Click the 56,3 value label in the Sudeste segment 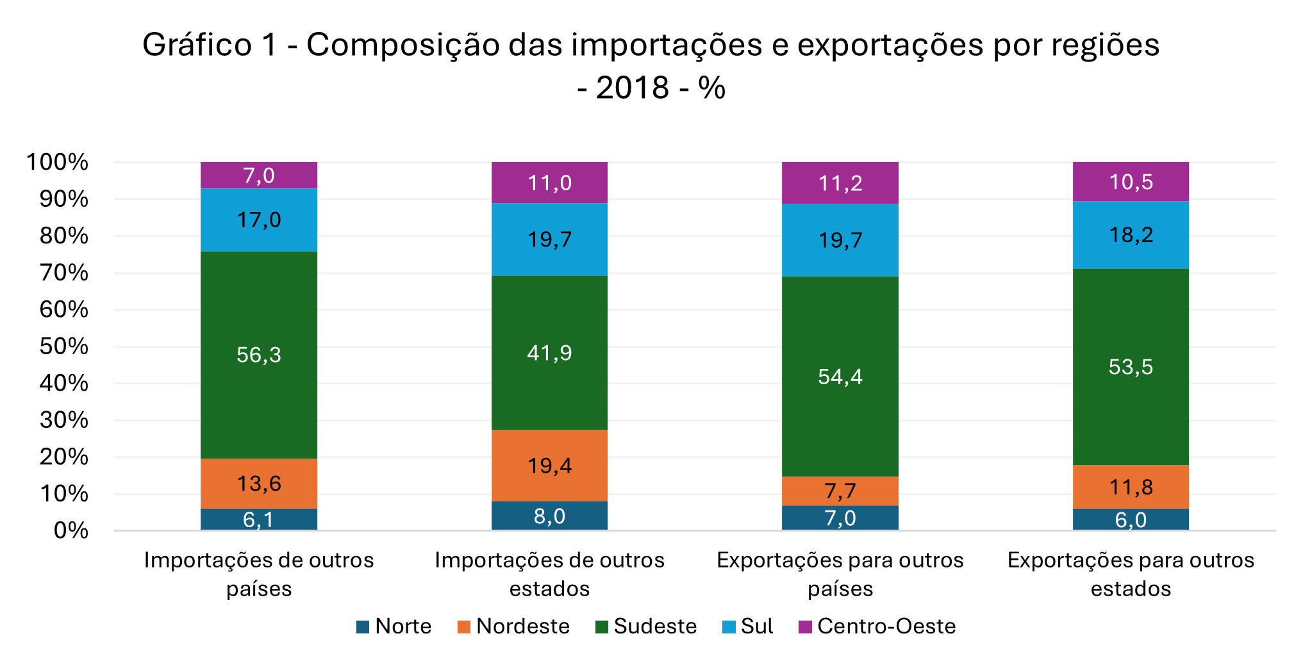[x=259, y=355]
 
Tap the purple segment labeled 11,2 [x=840, y=183]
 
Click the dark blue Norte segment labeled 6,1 [x=259, y=519]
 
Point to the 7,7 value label [x=840, y=491]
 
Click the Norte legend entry [x=394, y=626]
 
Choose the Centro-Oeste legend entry [x=878, y=626]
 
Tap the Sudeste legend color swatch [x=602, y=627]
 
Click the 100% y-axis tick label [x=58, y=162]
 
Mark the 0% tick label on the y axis [x=71, y=530]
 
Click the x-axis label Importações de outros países [x=259, y=574]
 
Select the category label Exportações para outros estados [x=1131, y=574]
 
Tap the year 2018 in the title [x=633, y=88]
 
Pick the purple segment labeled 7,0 [x=259, y=175]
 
